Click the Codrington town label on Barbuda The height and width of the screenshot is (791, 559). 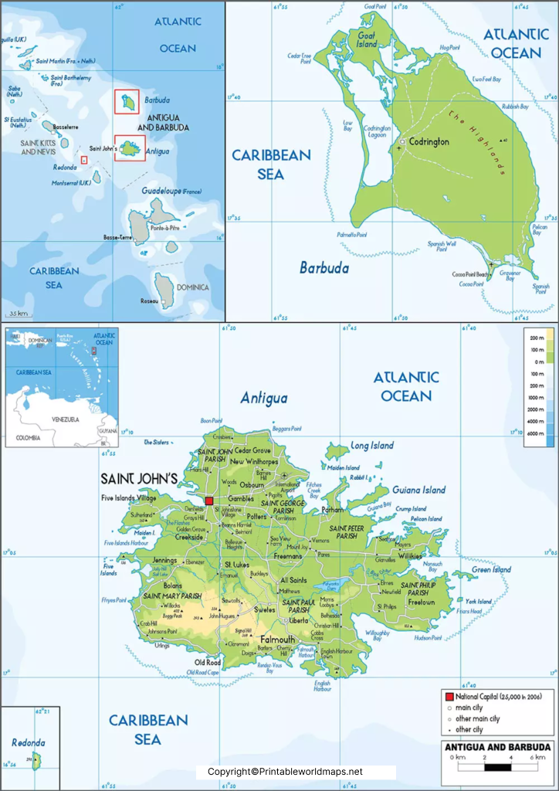pyautogui.click(x=429, y=142)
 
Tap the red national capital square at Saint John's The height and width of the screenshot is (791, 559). pyautogui.click(x=208, y=501)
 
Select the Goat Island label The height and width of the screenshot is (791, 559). pyautogui.click(x=366, y=39)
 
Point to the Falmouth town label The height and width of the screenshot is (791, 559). pyautogui.click(x=277, y=640)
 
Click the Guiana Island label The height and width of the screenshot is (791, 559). pyautogui.click(x=419, y=490)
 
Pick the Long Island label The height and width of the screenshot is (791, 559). pyautogui.click(x=372, y=446)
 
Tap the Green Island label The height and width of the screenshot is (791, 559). pyautogui.click(x=492, y=570)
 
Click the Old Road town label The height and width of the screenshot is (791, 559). pyautogui.click(x=207, y=662)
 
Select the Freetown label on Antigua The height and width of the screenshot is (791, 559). pyautogui.click(x=422, y=602)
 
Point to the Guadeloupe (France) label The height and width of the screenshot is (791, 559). pyautogui.click(x=171, y=191)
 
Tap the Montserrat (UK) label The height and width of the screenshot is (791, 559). pyautogui.click(x=71, y=182)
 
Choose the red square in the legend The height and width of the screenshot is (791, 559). pyautogui.click(x=449, y=697)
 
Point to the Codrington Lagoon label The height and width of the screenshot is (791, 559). pyautogui.click(x=378, y=132)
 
